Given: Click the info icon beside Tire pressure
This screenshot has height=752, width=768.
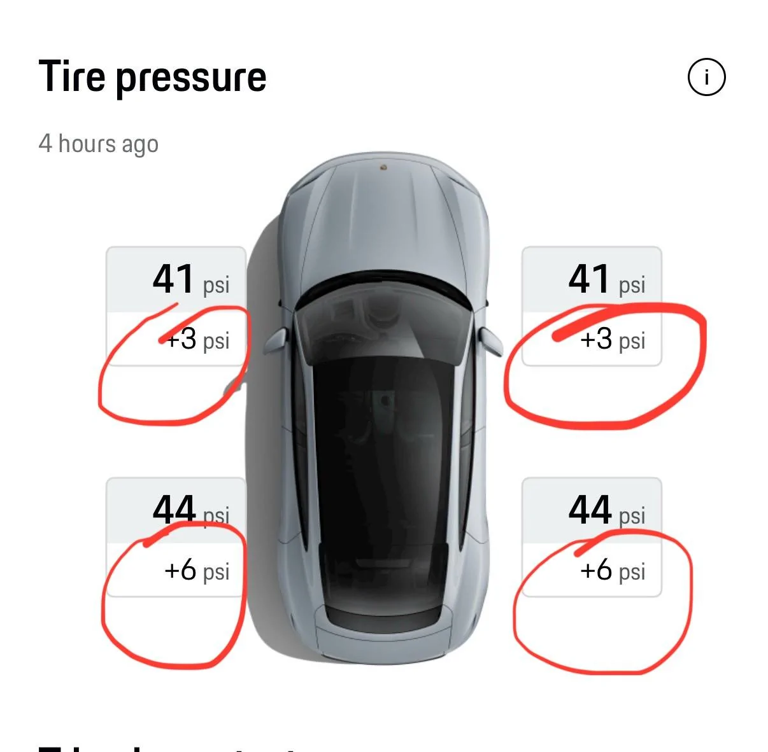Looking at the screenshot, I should click(706, 78).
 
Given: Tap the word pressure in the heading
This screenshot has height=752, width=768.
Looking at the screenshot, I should click(190, 79).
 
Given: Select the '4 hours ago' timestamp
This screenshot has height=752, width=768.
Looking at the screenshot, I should click(98, 144).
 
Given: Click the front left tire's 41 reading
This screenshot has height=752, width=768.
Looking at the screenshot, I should click(173, 279).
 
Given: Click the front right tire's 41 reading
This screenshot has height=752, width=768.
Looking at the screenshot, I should click(589, 279).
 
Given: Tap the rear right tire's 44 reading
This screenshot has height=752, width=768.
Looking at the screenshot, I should click(589, 510).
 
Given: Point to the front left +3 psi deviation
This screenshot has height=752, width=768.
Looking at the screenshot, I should click(197, 340).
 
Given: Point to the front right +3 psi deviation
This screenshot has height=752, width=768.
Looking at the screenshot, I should click(613, 340).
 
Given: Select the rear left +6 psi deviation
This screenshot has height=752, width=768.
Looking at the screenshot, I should click(197, 571).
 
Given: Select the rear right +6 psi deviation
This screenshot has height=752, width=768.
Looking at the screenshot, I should click(613, 571).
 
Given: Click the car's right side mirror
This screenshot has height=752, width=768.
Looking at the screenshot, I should click(490, 342).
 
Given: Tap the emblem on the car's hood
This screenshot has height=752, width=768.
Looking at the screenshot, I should click(383, 167).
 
